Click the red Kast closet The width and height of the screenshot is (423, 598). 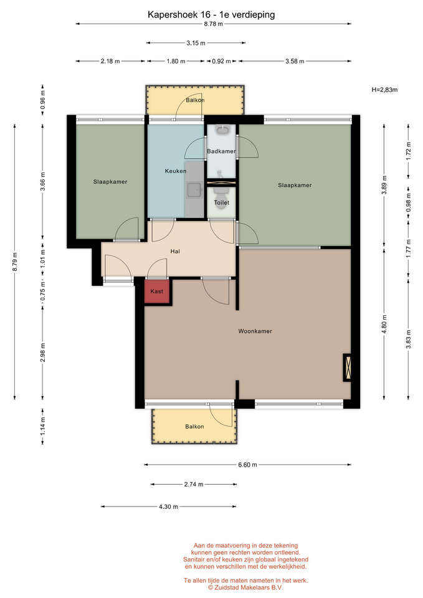click(x=157, y=292)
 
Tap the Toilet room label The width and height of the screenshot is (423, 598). click(x=222, y=202)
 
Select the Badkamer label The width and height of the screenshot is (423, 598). click(x=221, y=151)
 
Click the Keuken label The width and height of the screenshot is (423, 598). click(x=176, y=171)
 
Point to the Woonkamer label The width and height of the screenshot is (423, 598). click(x=255, y=331)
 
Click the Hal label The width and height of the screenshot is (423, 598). click(x=175, y=251)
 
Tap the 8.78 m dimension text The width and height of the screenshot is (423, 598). click(x=213, y=24)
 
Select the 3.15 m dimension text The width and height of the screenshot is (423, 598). click(x=196, y=43)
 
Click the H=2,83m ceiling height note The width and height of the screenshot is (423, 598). click(x=384, y=90)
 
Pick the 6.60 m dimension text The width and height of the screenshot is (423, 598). click(x=247, y=465)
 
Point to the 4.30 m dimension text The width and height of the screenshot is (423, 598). click(x=169, y=507)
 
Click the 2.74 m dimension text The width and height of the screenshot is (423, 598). click(x=194, y=485)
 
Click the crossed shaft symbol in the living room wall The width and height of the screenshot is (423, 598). click(x=348, y=368)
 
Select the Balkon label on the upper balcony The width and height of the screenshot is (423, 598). click(x=195, y=100)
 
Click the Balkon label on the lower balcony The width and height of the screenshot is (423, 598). click(x=194, y=426)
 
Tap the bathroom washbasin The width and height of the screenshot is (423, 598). click(x=222, y=130)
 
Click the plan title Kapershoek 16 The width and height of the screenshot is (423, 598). click(x=178, y=15)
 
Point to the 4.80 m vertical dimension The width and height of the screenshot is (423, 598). click(x=384, y=324)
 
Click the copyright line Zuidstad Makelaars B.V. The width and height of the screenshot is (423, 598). click(x=245, y=587)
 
